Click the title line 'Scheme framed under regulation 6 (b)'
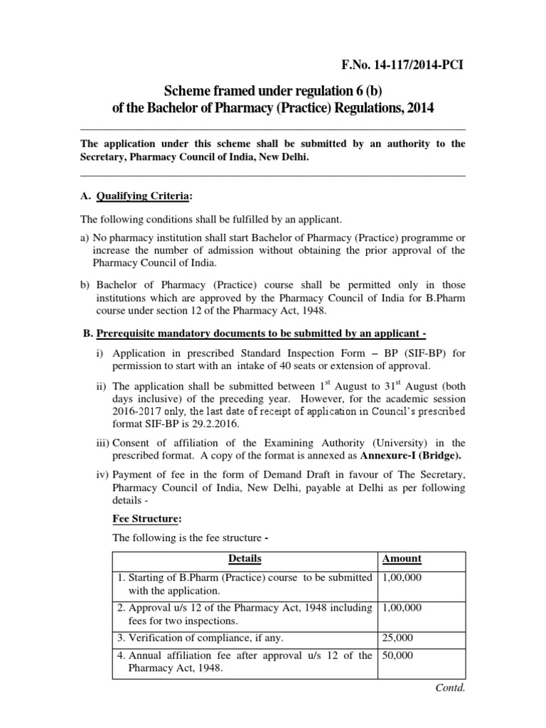coord(274,91)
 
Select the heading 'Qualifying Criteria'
coord(144,196)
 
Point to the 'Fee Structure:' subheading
coord(145,520)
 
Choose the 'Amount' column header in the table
coord(402,558)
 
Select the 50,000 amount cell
coord(397,655)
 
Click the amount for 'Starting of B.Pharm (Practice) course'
coord(402,578)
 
